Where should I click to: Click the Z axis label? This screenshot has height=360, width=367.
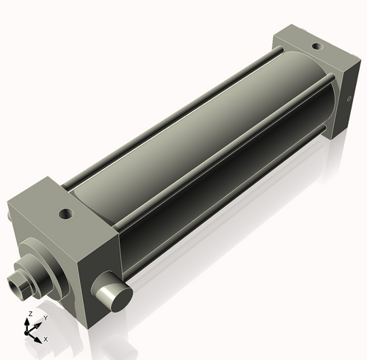pos(29,314)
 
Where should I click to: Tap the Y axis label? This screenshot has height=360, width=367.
pos(45,318)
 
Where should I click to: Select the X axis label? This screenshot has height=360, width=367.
pos(46,339)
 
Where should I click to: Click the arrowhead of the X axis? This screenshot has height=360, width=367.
pos(40,339)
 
